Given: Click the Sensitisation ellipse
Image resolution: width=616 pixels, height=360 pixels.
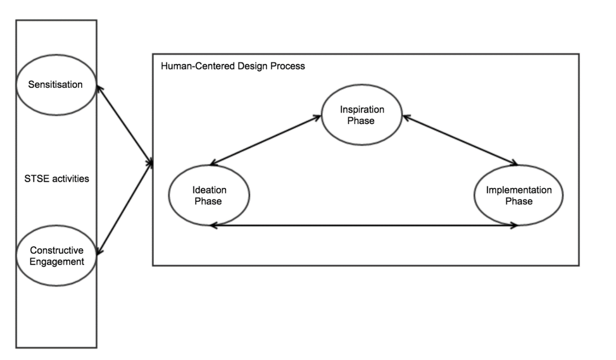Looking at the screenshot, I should tap(56, 84).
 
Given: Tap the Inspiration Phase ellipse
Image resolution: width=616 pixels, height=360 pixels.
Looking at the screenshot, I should tap(362, 115).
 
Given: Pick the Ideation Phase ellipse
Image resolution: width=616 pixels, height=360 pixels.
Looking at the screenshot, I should tap(209, 196).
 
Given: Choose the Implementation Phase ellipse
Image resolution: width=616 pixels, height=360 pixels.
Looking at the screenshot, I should tap(518, 196).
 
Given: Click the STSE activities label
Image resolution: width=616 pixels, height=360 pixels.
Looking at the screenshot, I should tap(56, 178).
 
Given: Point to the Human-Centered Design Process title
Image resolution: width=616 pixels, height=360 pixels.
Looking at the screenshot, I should tap(232, 66).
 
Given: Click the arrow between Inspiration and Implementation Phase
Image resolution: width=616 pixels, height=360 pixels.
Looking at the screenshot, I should tap(460, 140).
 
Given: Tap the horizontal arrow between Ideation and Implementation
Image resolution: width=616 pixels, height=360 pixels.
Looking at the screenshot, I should tap(364, 225).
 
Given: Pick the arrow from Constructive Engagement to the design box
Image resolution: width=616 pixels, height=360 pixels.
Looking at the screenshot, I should tap(125, 209).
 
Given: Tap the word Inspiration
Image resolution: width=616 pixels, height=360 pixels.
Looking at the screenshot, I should tap(362, 109).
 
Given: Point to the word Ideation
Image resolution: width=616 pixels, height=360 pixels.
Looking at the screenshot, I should tap(209, 190).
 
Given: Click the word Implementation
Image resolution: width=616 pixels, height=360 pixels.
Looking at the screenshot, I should tap(518, 190).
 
